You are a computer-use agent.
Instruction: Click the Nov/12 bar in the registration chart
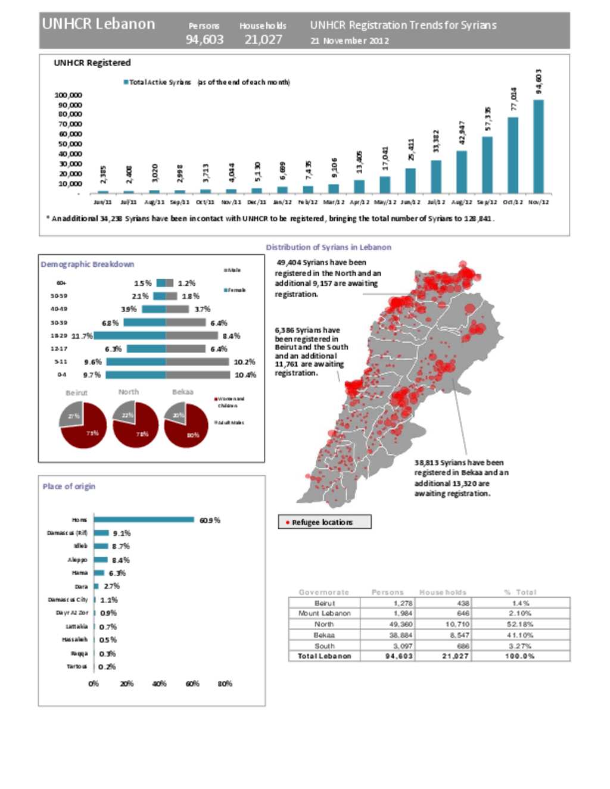(x=539, y=146)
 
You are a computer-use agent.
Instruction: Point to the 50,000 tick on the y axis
(x=69, y=144)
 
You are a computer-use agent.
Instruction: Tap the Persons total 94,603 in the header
(x=204, y=40)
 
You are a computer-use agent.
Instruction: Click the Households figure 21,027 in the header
(x=263, y=40)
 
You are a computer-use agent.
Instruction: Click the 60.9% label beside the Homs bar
(x=210, y=520)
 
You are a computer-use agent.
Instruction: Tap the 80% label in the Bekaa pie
(x=193, y=435)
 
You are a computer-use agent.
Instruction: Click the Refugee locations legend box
(x=325, y=522)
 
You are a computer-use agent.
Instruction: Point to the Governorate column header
(x=323, y=592)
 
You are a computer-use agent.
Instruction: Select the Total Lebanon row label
(x=324, y=656)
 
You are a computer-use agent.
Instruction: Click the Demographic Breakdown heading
(x=87, y=264)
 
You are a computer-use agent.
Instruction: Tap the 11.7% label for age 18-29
(x=82, y=336)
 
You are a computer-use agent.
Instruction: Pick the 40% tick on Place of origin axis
(x=159, y=684)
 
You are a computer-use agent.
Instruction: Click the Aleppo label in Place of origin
(x=77, y=560)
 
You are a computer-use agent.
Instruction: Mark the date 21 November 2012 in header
(x=350, y=40)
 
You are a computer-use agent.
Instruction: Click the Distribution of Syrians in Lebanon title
(x=328, y=247)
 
